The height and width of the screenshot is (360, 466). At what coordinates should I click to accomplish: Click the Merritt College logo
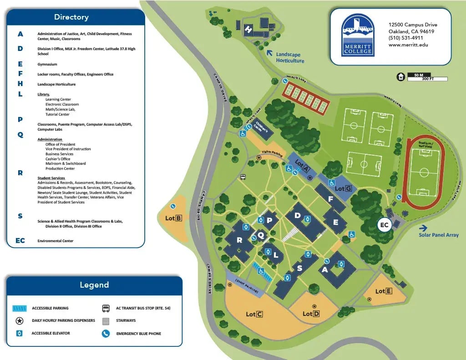[358, 35]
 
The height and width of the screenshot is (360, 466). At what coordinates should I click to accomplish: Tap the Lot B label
[173, 218]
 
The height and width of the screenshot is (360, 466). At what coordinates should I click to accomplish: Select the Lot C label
[254, 314]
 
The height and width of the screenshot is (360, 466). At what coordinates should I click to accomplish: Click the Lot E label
[384, 291]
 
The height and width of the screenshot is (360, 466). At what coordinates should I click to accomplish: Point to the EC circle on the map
[385, 225]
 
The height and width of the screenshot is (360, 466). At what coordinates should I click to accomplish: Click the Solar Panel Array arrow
[423, 228]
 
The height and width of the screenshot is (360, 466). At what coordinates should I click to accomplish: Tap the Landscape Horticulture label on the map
[290, 58]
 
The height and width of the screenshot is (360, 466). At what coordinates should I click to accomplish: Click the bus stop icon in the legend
[106, 308]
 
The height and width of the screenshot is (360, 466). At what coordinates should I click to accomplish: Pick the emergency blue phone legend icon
[106, 334]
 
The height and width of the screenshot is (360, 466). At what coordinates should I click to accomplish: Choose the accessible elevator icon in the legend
[19, 334]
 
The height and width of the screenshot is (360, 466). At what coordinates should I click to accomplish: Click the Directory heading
[71, 17]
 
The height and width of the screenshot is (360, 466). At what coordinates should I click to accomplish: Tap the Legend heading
[94, 285]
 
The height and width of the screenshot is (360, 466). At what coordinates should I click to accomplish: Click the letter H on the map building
[248, 30]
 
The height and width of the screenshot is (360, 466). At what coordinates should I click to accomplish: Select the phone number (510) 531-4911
[405, 38]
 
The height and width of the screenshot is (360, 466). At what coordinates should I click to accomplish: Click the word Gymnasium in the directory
[47, 65]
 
